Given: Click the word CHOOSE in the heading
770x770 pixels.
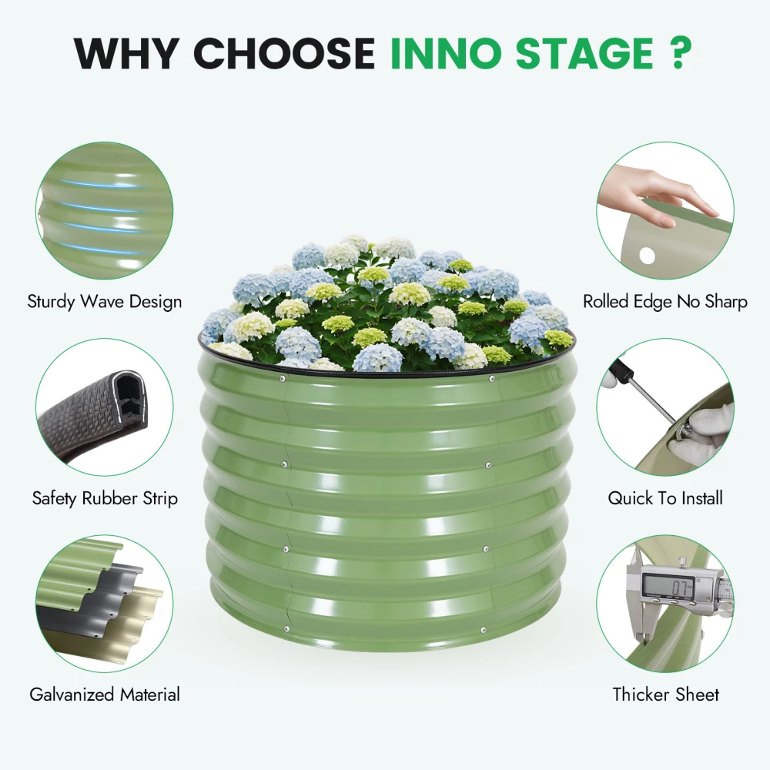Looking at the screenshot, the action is click(x=285, y=52).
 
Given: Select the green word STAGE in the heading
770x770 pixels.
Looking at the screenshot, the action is click(x=584, y=52).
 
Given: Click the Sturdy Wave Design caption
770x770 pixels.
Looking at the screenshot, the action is click(x=105, y=302).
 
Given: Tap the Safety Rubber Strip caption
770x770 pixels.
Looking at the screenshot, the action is click(x=105, y=498).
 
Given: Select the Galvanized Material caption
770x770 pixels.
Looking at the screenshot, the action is click(x=105, y=695).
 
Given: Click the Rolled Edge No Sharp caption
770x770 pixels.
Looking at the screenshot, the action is click(x=665, y=302).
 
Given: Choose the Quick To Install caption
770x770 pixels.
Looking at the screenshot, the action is click(x=665, y=498).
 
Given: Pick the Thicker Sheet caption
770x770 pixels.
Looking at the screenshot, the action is click(x=665, y=695).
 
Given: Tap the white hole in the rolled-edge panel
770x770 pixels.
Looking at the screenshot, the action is click(x=647, y=256).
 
